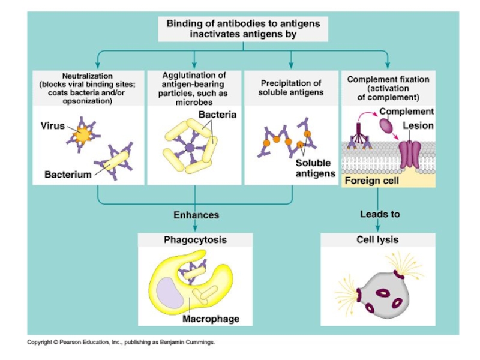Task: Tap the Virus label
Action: pyautogui.click(x=53, y=126)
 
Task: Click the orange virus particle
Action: pyautogui.click(x=81, y=135)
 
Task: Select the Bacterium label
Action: pyautogui.click(x=68, y=175)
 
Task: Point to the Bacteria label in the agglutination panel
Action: pyautogui.click(x=217, y=115)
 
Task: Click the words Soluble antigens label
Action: pyautogui.click(x=315, y=169)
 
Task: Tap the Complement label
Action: pyautogui.click(x=406, y=112)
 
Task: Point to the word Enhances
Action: pyautogui.click(x=196, y=214)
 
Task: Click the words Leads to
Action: pyautogui.click(x=380, y=214)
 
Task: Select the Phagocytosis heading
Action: pyautogui.click(x=195, y=240)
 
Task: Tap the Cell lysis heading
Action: pyautogui.click(x=377, y=240)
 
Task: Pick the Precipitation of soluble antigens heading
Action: pyautogui.click(x=291, y=88)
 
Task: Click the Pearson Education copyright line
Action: pyautogui.click(x=121, y=342)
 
